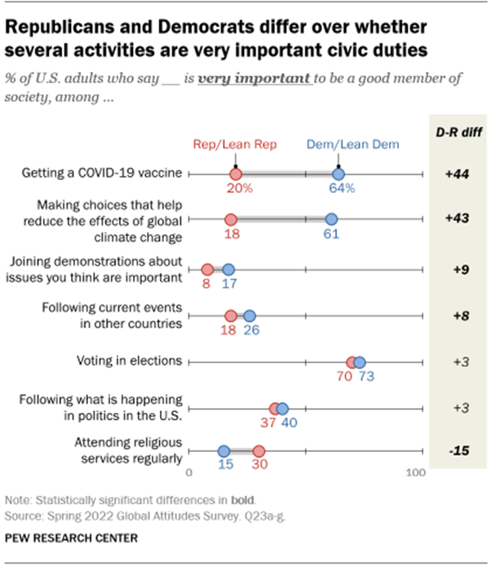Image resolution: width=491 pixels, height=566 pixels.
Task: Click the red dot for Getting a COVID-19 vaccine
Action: pos(235,174)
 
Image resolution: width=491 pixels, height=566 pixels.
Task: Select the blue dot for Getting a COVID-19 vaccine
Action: pos(338,174)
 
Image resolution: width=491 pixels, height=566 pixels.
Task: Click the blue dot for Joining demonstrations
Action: pos(228,270)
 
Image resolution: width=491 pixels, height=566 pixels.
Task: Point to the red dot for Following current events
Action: pos(231,316)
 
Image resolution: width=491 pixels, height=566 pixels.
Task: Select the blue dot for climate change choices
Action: pos(331,219)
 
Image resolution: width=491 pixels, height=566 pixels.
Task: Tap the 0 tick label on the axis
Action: pos(189,472)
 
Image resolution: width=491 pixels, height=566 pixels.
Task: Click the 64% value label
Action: pos(342,189)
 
